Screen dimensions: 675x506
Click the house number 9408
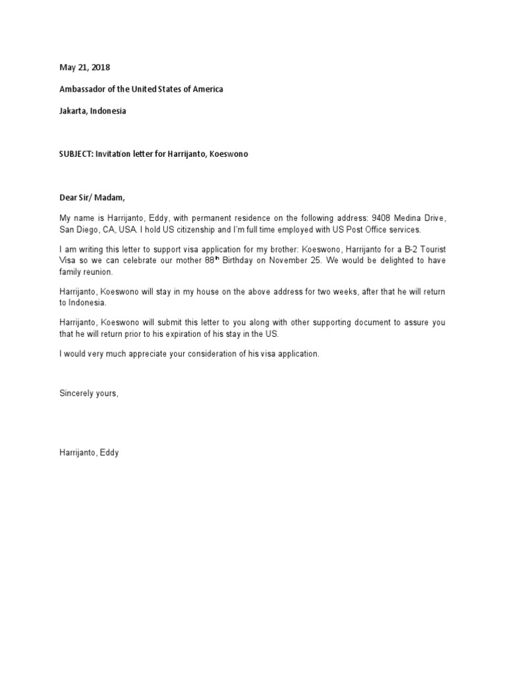[x=379, y=218]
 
